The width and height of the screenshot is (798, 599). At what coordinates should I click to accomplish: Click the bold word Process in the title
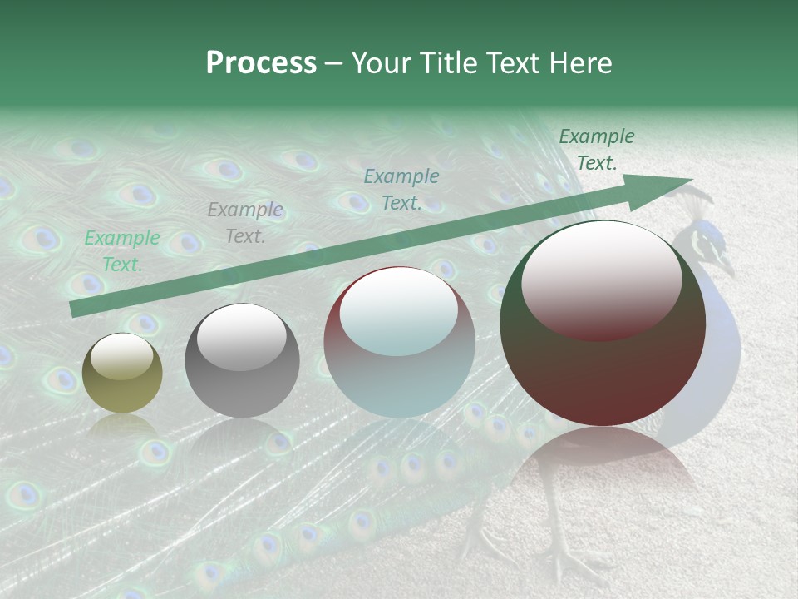[261, 63]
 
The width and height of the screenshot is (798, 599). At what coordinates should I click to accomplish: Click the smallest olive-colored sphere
[122, 373]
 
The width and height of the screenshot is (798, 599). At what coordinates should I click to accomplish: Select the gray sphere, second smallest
[242, 360]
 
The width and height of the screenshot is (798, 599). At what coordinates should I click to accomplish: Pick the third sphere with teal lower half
[399, 342]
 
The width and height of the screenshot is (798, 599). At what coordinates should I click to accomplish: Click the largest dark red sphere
[603, 323]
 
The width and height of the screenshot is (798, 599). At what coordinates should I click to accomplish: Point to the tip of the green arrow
[690, 179]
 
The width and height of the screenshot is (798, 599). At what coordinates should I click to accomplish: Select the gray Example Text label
[245, 223]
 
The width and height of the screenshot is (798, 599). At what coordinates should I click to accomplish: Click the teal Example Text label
[401, 190]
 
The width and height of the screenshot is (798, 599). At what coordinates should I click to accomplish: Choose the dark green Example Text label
[596, 150]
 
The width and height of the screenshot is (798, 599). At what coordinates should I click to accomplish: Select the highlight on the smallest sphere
[121, 357]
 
